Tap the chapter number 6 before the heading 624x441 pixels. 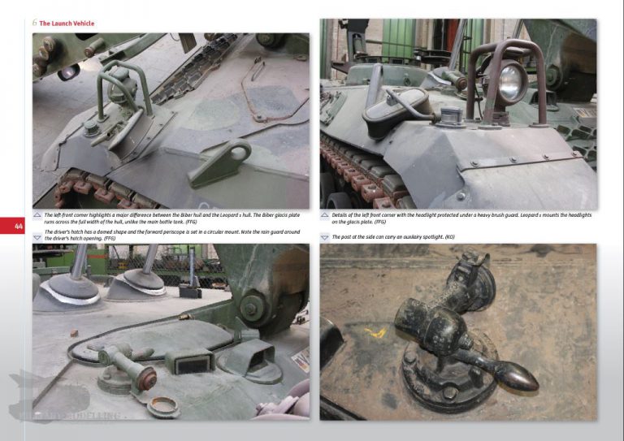34,24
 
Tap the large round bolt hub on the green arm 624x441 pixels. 252,307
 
